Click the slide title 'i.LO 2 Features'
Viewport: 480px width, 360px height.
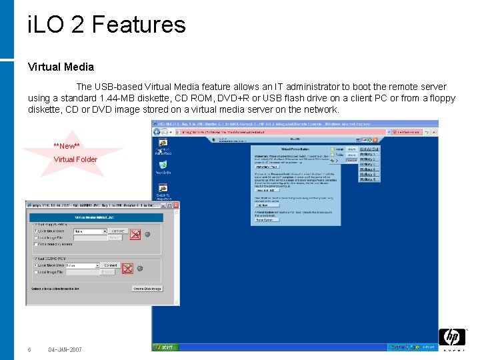pos(107,25)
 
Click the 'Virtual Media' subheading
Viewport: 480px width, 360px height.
pos(61,67)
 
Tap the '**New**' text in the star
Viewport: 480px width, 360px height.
pos(67,146)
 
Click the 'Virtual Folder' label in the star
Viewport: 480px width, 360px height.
pos(75,159)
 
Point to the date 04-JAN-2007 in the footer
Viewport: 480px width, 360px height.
pos(65,350)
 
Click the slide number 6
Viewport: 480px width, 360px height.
pos(29,350)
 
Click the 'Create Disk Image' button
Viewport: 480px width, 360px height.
pos(147,289)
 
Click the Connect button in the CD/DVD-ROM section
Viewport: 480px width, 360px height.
pos(111,265)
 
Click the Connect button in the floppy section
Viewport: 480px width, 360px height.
pos(118,231)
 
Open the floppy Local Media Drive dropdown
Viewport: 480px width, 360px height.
pos(104,231)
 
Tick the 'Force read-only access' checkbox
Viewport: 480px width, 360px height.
pos(36,244)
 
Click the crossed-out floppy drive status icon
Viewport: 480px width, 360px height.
pos(135,234)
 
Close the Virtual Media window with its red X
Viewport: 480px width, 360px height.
pos(174,206)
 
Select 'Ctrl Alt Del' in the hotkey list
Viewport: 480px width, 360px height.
pos(369,149)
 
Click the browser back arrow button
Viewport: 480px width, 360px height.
pos(158,133)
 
